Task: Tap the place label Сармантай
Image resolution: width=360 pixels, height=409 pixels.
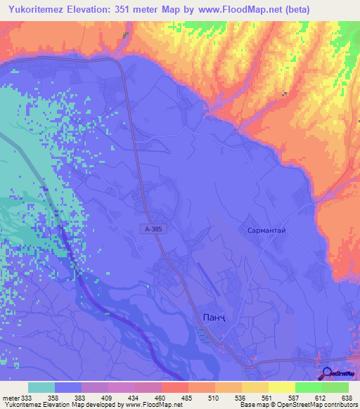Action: pos(265,230)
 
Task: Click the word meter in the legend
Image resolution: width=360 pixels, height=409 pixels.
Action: pos(11,398)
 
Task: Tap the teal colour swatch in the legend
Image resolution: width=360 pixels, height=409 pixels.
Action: pos(41,387)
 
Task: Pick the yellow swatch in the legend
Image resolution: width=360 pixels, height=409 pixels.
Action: pos(281,387)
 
